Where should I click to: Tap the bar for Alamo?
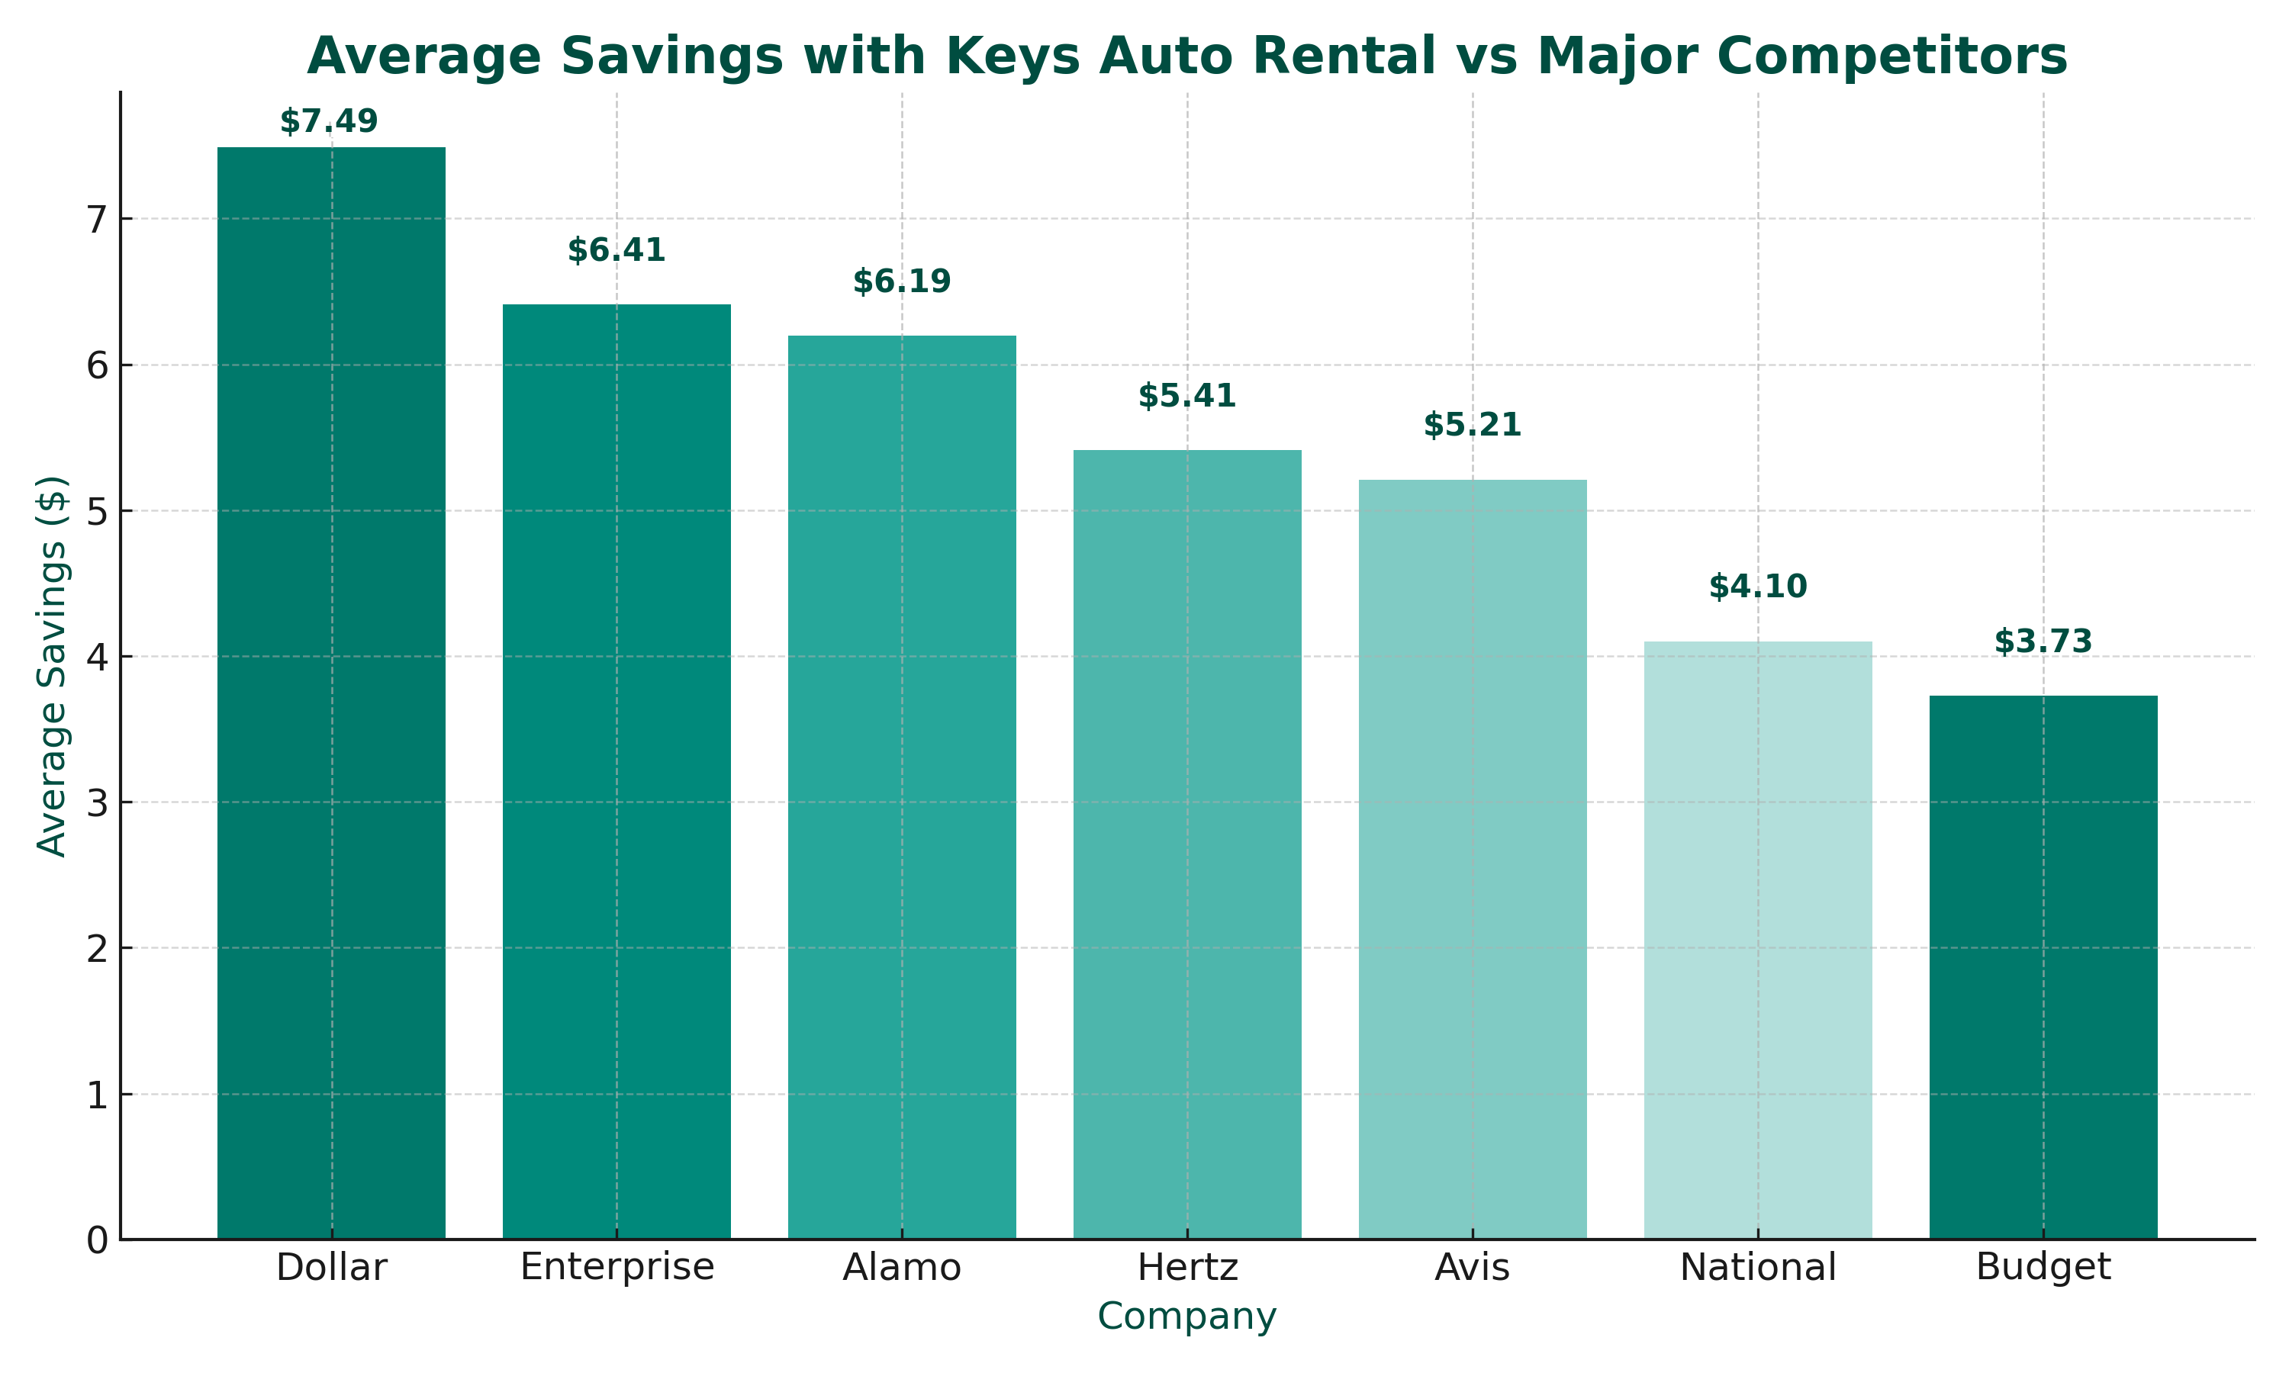901,786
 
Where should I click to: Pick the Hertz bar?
1187,844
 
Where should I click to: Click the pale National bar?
1757,939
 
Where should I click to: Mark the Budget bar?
2043,967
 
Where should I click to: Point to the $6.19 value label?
901,281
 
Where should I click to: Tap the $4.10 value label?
1757,587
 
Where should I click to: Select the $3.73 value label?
2043,641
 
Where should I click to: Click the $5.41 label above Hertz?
1187,396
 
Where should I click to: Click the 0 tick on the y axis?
97,1241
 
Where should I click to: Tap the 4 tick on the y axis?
97,658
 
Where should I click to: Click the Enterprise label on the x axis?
617,1268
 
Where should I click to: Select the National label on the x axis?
1757,1268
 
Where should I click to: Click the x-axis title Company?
1187,1317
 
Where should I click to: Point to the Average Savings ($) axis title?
52,666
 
